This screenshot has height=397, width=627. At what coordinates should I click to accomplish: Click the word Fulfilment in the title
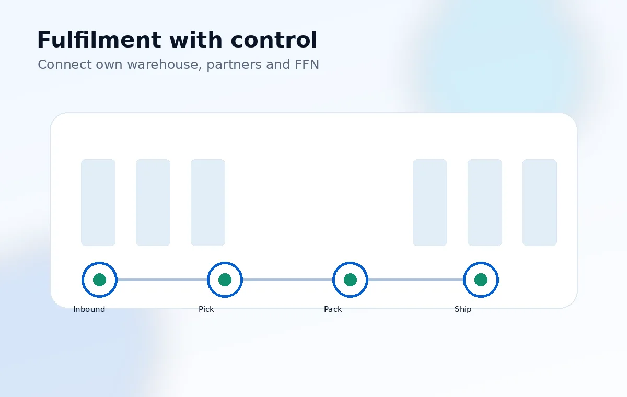pyautogui.click(x=99, y=40)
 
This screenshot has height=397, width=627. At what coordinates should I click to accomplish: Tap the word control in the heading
pyautogui.click(x=274, y=40)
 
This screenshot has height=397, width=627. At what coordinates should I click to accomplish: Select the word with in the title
pyautogui.click(x=196, y=40)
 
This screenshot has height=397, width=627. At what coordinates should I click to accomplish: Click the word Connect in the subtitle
pyautogui.click(x=65, y=65)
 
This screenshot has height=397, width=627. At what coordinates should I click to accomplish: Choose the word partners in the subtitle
pyautogui.click(x=234, y=65)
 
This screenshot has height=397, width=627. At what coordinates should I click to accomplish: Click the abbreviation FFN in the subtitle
pyautogui.click(x=307, y=65)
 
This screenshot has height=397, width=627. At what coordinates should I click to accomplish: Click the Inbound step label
pyautogui.click(x=89, y=309)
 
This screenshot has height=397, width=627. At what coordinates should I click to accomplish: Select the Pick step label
pyautogui.click(x=206, y=309)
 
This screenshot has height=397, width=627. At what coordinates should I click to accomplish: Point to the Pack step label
pyautogui.click(x=333, y=309)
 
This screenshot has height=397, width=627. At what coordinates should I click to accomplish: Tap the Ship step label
pyautogui.click(x=463, y=309)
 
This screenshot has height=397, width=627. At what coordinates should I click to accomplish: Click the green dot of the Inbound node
pyautogui.click(x=99, y=280)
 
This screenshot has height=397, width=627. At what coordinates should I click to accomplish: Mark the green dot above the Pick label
pyautogui.click(x=225, y=280)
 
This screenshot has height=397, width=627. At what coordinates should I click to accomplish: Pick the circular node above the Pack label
pyautogui.click(x=350, y=263)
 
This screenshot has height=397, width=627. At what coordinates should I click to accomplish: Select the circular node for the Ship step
pyautogui.click(x=481, y=263)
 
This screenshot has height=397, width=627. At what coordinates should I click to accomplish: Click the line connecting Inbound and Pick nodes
pyautogui.click(x=162, y=280)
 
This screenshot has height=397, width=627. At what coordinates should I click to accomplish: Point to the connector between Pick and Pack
pyautogui.click(x=287, y=280)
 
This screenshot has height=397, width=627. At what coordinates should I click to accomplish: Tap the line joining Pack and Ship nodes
pyautogui.click(x=416, y=280)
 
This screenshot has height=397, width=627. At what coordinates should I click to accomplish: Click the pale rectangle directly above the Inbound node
pyautogui.click(x=98, y=203)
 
